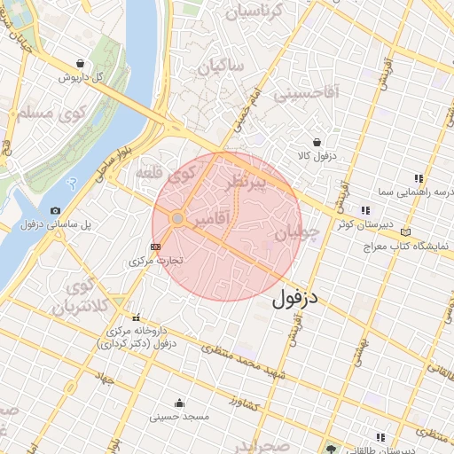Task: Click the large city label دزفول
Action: coord(294,298)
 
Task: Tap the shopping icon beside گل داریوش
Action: coord(82,64)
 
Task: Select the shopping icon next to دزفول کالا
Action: coord(317,142)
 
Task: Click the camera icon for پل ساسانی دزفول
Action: coord(56,210)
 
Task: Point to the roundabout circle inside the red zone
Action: coord(177,218)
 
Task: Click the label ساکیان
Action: coord(221,68)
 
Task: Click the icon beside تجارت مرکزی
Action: coord(157,247)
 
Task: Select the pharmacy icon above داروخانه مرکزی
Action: coord(136,317)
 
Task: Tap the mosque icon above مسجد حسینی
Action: coord(180,402)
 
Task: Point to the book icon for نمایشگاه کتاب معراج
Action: coord(405,232)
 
